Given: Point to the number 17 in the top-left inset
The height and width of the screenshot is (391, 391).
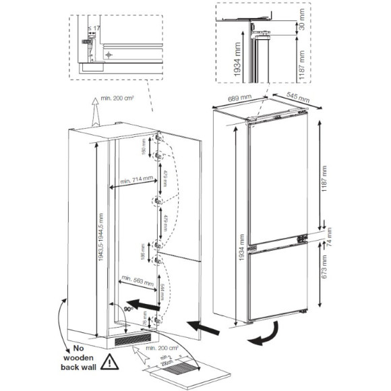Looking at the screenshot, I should point(97,29).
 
